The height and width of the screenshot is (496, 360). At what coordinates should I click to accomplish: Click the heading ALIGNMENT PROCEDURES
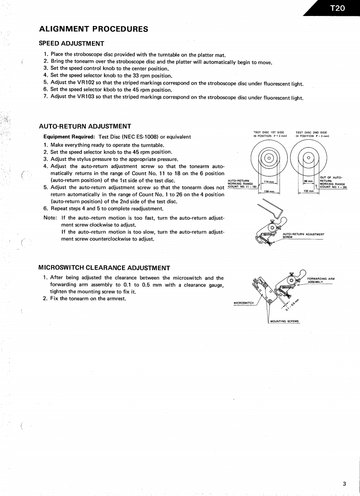coord(94,29)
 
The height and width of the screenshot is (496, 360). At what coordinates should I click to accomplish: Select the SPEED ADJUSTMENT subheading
coord(72,43)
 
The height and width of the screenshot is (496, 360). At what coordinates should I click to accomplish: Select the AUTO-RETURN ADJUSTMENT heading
coord(84,126)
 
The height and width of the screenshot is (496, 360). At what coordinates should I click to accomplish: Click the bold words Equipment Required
coord(66,137)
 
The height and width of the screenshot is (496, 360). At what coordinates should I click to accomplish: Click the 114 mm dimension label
coord(268,182)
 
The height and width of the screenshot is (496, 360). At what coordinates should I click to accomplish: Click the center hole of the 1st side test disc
coord(268,158)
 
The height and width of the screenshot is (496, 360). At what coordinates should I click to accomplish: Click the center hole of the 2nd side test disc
coord(308,158)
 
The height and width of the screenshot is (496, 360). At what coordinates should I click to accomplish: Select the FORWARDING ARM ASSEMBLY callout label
coord(321,280)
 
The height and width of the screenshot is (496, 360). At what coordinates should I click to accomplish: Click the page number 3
coord(345,470)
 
